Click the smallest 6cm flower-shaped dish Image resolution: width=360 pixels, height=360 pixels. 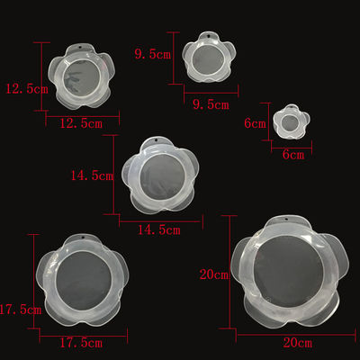tap(291, 121)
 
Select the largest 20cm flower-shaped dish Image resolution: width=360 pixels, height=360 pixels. tap(290, 271)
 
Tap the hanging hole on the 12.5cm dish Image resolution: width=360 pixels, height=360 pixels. tap(81, 49)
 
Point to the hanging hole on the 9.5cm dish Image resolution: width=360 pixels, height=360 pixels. tap(209, 37)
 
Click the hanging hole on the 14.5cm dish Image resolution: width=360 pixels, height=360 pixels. tap(157, 141)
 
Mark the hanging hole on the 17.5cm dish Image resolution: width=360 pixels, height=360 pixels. tap(82, 238)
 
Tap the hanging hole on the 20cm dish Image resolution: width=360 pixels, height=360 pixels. tap(286, 220)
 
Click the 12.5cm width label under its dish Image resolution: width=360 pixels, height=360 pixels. tap(81, 123)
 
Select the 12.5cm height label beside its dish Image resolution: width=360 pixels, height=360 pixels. tap(27, 89)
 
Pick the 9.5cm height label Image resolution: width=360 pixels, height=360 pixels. tap(153, 54)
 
